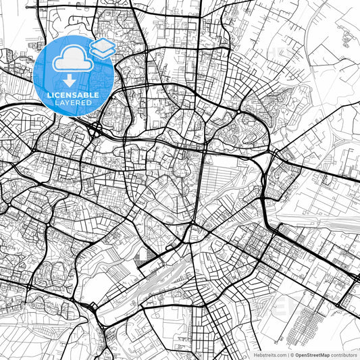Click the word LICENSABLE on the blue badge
coord(74,95)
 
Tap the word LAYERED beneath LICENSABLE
coord(74,104)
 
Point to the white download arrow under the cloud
coord(70,80)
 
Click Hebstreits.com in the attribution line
coord(268,354)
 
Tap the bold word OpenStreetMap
coord(315,354)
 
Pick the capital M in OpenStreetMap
coord(326,354)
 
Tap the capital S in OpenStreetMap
coord(311,354)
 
